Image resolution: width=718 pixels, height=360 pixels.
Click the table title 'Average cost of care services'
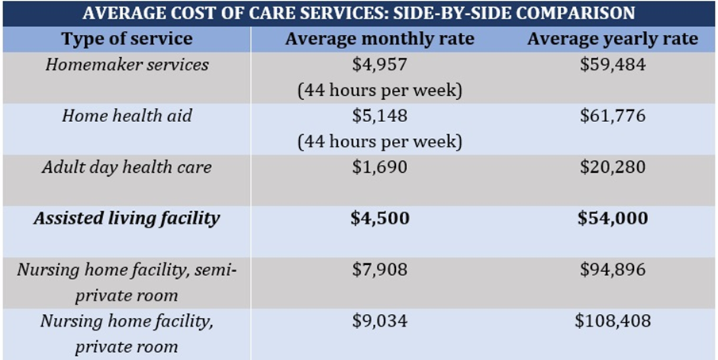click(x=359, y=13)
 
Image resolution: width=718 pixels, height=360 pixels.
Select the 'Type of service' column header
click(x=127, y=39)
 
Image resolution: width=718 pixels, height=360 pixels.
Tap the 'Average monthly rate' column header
click(x=379, y=39)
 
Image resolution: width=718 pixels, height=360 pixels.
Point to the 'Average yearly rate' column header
click(x=612, y=39)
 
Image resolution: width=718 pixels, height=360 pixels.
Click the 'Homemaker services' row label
click(x=127, y=64)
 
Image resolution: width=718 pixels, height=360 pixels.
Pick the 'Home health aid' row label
click(x=127, y=116)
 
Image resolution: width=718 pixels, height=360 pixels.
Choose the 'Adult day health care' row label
click(x=127, y=167)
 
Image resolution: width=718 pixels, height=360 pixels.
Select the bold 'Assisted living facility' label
click(x=127, y=218)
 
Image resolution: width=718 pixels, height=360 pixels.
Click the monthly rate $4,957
click(x=379, y=64)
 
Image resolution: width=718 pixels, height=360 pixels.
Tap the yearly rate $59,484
click(x=612, y=64)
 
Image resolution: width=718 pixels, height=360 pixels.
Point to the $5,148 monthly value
click(x=379, y=116)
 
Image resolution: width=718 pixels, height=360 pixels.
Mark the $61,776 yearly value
click(x=612, y=116)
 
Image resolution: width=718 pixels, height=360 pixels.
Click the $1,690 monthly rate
click(x=379, y=167)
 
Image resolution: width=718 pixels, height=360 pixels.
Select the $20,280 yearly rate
click(x=612, y=167)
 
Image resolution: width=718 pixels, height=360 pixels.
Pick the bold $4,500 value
click(x=379, y=218)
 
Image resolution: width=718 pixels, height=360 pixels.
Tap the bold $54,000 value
click(x=612, y=218)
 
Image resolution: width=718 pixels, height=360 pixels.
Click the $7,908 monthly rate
click(x=379, y=270)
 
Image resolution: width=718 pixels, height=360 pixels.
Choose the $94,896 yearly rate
click(x=612, y=270)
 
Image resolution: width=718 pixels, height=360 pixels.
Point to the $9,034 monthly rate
click(x=379, y=321)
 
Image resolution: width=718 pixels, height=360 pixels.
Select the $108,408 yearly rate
click(x=612, y=321)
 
